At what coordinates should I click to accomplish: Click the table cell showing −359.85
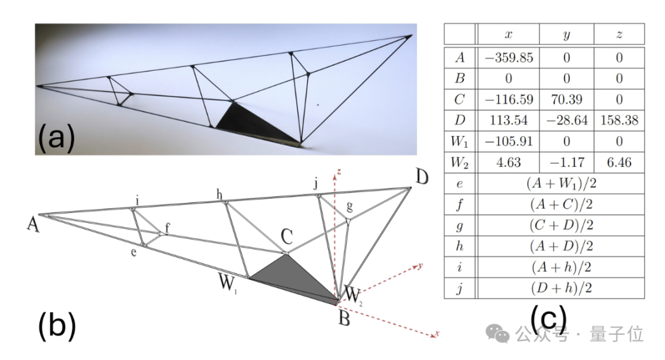coord(508,58)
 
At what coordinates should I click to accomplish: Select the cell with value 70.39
coord(566,99)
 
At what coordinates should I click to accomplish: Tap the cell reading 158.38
coord(619,121)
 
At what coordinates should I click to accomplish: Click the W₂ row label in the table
coord(459,162)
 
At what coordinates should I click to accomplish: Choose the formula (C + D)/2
coord(561,225)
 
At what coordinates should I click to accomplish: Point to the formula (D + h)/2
coord(561,289)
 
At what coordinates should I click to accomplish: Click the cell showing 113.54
coord(508,121)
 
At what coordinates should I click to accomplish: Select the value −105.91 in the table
coord(508,141)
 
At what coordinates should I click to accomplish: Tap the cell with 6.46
coord(619,162)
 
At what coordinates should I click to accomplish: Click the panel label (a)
coord(57,137)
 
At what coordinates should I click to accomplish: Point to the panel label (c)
coord(548,318)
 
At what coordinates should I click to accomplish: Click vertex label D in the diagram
coord(422,177)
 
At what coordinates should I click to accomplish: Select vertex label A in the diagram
coord(33,225)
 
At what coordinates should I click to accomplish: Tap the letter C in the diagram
coord(287,236)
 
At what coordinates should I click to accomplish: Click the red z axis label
coord(339,172)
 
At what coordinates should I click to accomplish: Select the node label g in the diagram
coord(350,207)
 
